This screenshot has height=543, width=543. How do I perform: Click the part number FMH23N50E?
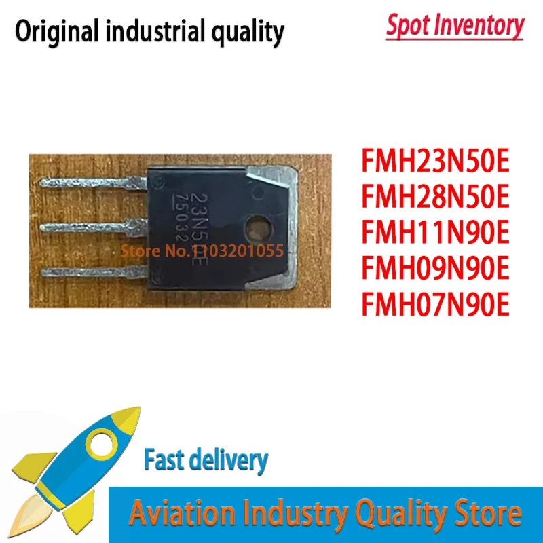click(x=434, y=164)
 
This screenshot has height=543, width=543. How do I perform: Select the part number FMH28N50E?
click(x=434, y=200)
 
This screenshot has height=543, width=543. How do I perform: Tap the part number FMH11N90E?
click(x=434, y=235)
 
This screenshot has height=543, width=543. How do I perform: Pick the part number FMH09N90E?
click(x=434, y=270)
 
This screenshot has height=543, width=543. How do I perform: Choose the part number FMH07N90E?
click(x=434, y=305)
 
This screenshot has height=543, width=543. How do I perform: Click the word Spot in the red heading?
click(x=409, y=26)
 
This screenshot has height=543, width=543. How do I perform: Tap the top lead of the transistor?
click(x=95, y=184)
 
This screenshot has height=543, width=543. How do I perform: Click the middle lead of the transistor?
click(x=95, y=226)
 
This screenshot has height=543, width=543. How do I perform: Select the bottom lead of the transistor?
click(x=95, y=271)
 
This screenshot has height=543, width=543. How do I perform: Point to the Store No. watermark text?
click(x=202, y=251)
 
